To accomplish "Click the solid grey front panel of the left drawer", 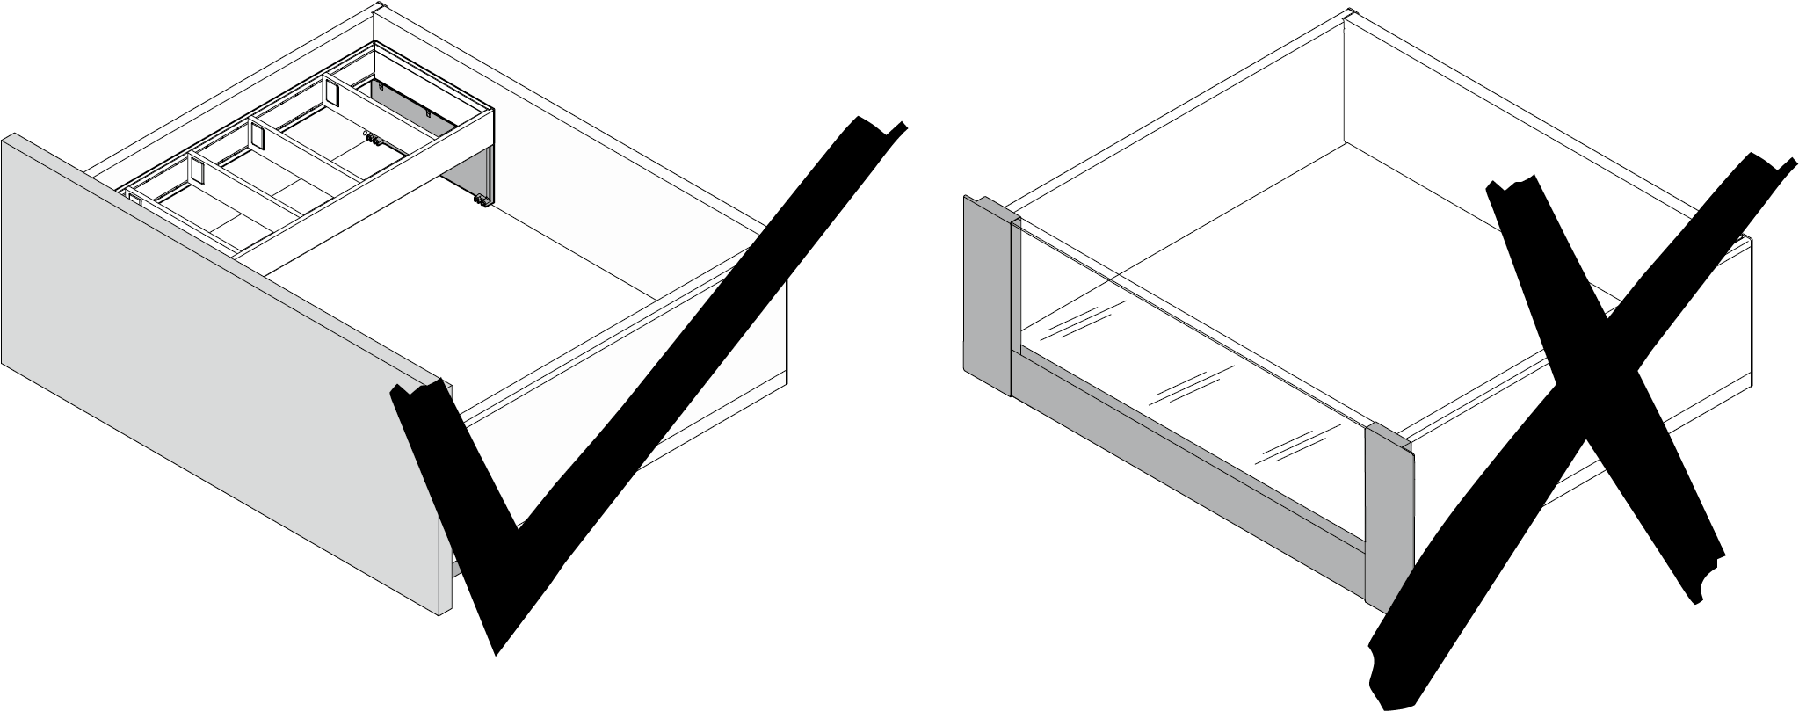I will (220, 378).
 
